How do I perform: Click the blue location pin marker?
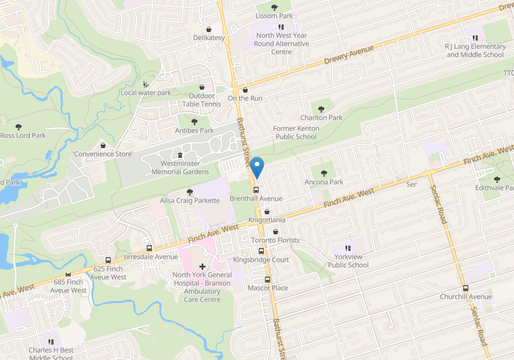[x=257, y=166]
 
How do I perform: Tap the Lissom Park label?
[x=274, y=16]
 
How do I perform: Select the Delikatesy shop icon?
[x=209, y=29]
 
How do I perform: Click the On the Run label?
[x=245, y=98]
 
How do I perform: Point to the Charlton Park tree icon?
[x=320, y=109]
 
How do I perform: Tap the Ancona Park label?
[x=324, y=182]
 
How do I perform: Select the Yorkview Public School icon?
[x=348, y=248]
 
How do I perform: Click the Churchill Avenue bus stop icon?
[x=465, y=288]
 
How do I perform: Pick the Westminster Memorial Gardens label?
[x=180, y=167]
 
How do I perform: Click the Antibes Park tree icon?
[x=194, y=122]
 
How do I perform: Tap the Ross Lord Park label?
[x=23, y=135]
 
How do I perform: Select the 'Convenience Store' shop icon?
[x=103, y=145]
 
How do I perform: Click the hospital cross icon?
[x=202, y=266]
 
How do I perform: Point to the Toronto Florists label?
[x=275, y=240]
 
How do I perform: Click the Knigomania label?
[x=267, y=220]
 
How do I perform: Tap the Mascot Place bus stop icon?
[x=267, y=279]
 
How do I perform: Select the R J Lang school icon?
[x=475, y=38]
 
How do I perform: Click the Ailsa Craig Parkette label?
[x=190, y=201]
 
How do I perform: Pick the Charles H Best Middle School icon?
[x=51, y=341]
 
